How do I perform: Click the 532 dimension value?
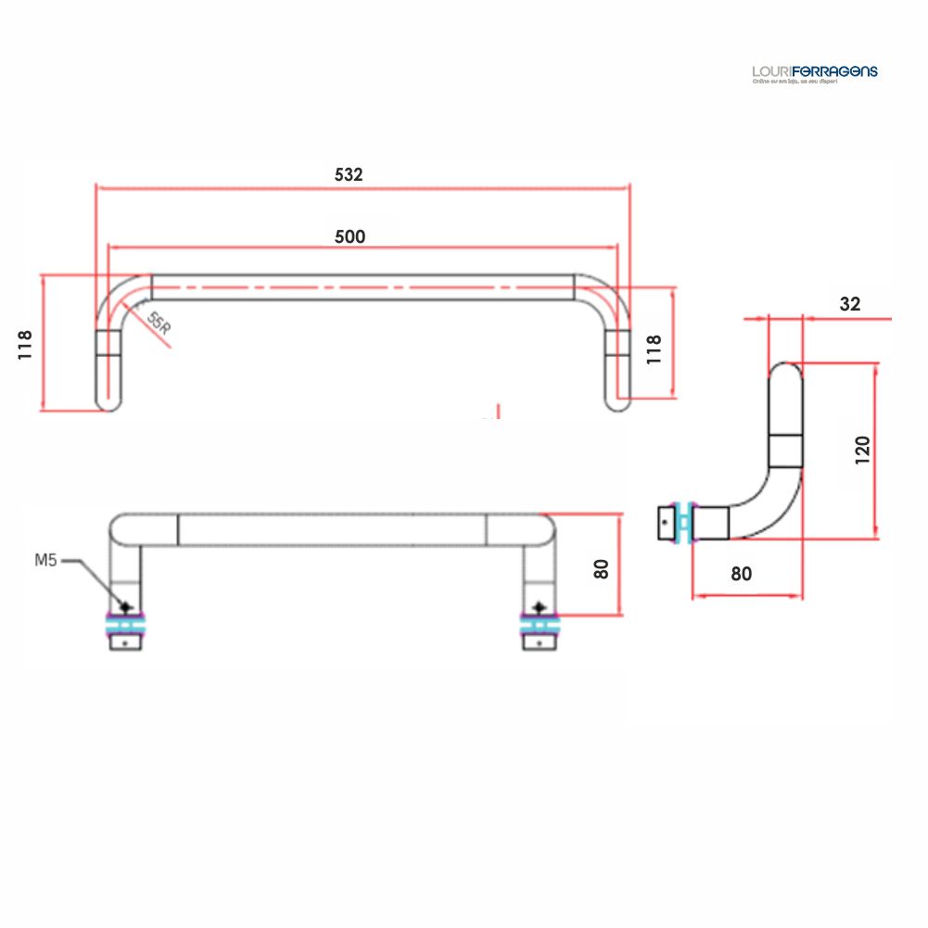click(349, 174)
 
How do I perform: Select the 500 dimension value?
click(350, 236)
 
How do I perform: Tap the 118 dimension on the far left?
click(25, 344)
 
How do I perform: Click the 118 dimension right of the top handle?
click(654, 350)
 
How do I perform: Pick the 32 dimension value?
click(849, 304)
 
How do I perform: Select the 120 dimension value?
click(863, 450)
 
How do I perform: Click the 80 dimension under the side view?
click(741, 574)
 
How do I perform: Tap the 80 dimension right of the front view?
click(602, 567)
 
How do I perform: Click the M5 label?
click(46, 560)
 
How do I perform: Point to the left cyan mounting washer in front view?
click(126, 627)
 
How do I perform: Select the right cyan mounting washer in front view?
click(539, 627)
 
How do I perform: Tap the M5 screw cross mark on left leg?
click(126, 607)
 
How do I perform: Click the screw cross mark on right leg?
click(539, 607)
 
